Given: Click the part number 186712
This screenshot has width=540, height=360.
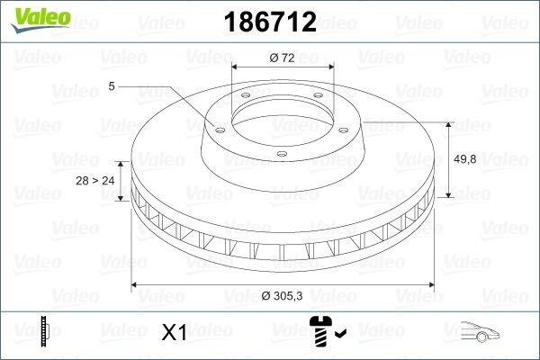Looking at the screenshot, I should [270, 24].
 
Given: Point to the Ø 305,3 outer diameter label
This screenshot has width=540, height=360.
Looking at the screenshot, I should [284, 297].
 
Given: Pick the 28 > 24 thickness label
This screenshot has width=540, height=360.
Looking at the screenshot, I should [95, 181].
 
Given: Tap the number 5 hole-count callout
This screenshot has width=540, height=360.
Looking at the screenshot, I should [111, 86].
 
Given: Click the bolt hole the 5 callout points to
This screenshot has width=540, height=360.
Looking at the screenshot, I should [215, 126].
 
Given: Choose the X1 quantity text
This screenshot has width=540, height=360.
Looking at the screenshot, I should [173, 333].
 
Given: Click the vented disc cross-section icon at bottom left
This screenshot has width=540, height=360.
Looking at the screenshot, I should [43, 332].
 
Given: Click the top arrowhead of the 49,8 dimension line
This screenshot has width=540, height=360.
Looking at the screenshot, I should [448, 122].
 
